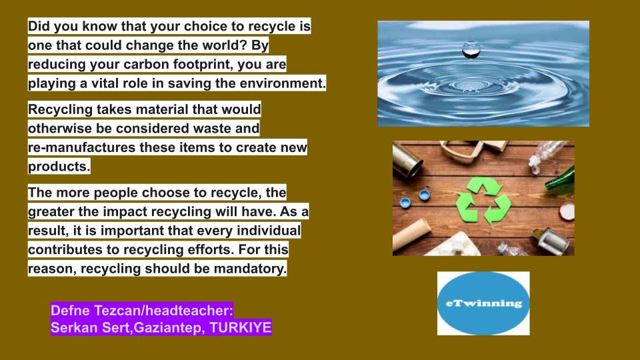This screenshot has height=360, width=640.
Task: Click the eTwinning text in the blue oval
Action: (483, 303)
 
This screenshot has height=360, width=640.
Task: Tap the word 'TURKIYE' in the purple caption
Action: (241, 328)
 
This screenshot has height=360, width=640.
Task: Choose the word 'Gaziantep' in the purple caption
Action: (165, 328)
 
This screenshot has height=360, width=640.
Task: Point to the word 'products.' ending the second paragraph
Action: (59, 165)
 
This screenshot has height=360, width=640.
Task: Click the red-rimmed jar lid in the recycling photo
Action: (567, 212)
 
